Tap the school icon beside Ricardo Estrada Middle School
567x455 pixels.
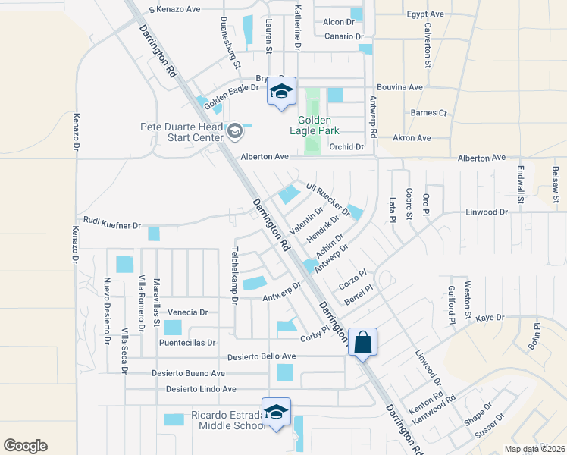coord(277,412)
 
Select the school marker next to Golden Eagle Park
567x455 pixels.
coord(281,93)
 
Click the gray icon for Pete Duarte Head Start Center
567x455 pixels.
coord(235,132)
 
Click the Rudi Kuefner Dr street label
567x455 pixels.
coord(112,225)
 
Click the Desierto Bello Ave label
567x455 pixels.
coord(262,356)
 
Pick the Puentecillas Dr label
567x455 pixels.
coord(187,343)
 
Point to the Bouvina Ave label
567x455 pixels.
coord(399,87)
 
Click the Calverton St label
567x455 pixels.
coord(428,45)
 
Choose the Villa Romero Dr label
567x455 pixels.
coord(141,304)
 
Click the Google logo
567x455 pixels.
coord(25,446)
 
